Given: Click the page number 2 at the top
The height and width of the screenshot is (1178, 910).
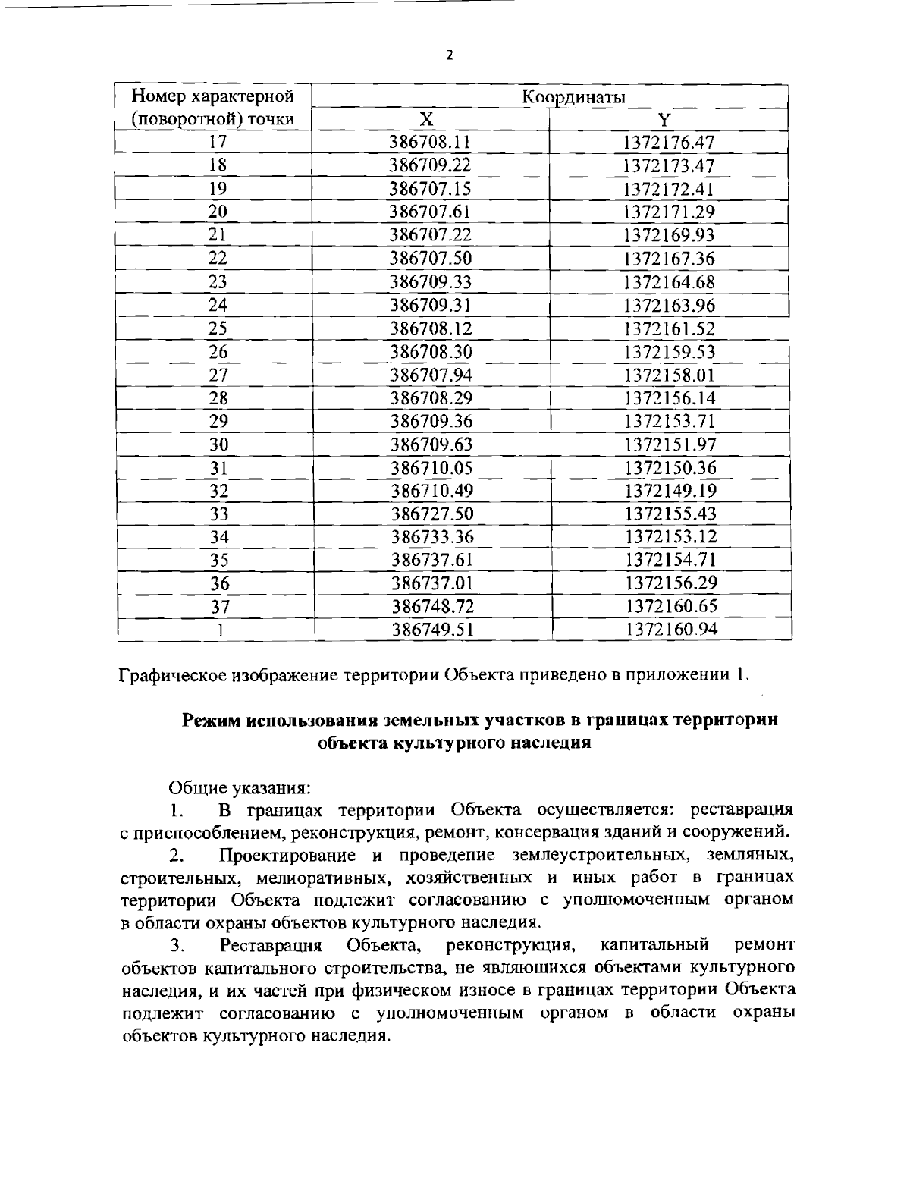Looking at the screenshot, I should click(x=450, y=55).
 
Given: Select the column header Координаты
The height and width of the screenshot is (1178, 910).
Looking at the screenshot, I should click(x=551, y=96).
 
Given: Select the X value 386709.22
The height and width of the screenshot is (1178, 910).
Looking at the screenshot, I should click(x=431, y=166).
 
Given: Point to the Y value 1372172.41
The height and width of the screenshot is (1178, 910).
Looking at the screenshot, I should click(x=669, y=189).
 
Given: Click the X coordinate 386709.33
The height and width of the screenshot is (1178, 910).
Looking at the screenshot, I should click(x=431, y=282).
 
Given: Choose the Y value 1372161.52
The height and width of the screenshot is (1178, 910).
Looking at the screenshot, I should click(x=669, y=328).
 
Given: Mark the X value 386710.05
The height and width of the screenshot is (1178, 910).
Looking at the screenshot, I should click(x=431, y=468).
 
